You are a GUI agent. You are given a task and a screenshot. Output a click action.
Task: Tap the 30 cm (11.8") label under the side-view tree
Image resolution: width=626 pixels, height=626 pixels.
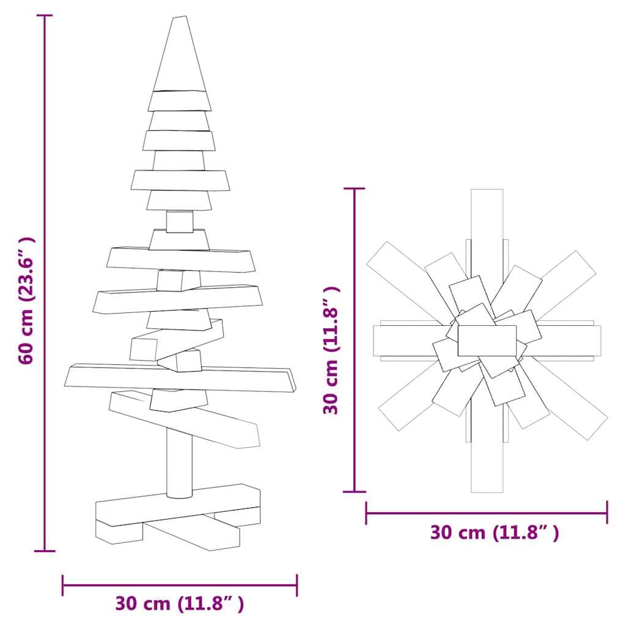pyautogui.click(x=180, y=604)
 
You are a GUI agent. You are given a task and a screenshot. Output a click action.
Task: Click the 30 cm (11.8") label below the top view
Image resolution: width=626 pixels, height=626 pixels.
pyautogui.click(x=494, y=532)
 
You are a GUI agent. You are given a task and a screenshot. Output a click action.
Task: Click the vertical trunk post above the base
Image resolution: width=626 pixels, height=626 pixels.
pyautogui.click(x=179, y=462)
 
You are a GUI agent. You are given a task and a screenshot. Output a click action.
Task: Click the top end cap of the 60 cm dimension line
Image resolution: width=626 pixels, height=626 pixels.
pyautogui.click(x=44, y=15)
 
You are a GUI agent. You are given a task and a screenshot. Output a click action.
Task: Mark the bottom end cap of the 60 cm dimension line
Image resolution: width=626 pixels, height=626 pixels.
pyautogui.click(x=44, y=551)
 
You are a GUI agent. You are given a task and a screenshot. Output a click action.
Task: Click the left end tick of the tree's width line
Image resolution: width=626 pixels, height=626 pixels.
pyautogui.click(x=63, y=585)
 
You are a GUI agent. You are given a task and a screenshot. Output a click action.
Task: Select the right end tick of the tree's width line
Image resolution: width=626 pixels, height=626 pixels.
pyautogui.click(x=297, y=585)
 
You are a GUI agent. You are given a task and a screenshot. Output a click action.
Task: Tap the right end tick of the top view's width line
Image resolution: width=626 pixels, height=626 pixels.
pyautogui.click(x=606, y=512)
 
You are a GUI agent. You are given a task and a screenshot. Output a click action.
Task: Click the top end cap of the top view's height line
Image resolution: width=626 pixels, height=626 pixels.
pyautogui.click(x=355, y=189)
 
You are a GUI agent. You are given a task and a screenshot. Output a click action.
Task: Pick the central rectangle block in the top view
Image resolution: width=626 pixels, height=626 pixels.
pyautogui.click(x=487, y=341)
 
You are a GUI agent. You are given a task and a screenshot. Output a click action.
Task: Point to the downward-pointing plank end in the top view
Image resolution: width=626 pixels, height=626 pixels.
pyautogui.click(x=487, y=471)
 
